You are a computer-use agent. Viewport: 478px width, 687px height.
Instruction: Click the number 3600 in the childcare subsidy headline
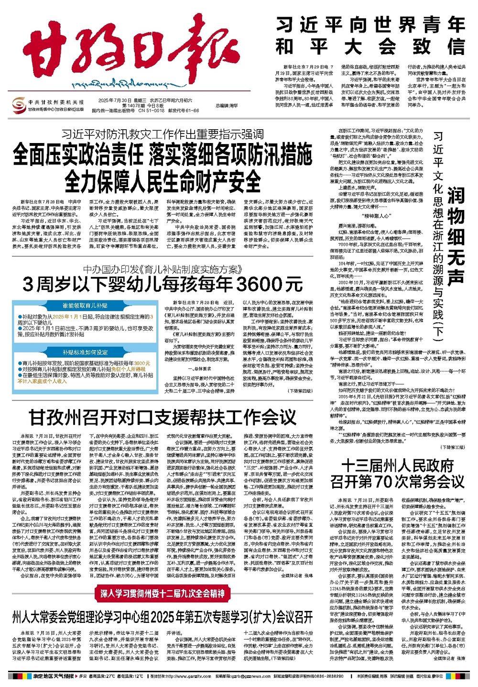coord(254,284)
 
